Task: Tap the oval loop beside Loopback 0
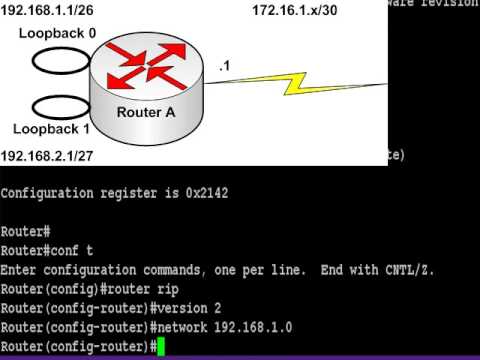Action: click(59, 61)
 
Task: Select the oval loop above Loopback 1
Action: click(59, 105)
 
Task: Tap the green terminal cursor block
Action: click(160, 346)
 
